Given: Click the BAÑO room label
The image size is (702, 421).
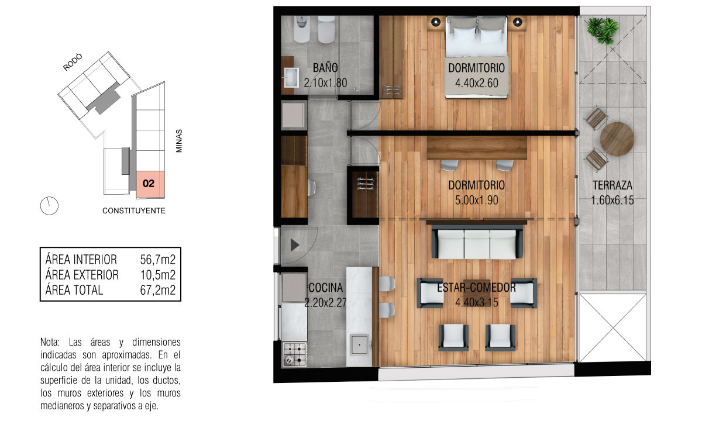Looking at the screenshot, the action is click(325, 68).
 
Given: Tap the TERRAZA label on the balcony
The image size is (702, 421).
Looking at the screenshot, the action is click(612, 185).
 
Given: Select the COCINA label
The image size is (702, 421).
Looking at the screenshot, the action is click(326, 288).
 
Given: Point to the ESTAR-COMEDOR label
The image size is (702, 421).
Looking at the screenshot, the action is click(476, 288).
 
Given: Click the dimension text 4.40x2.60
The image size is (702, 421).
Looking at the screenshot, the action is click(477, 83).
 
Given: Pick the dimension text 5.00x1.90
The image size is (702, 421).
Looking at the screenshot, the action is click(477, 200).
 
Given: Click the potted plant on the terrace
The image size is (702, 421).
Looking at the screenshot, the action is click(603, 30).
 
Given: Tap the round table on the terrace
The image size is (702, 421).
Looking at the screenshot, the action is click(617, 139).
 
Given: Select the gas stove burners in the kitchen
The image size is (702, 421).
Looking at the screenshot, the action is click(294, 354).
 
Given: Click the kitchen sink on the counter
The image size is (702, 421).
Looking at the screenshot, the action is click(359, 344).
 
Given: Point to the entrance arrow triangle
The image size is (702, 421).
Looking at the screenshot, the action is click(295, 245).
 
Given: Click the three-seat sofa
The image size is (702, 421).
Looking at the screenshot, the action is click(477, 243).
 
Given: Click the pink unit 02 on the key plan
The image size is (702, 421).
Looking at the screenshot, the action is click(150, 185).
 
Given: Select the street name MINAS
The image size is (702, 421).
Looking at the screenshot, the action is click(179, 141).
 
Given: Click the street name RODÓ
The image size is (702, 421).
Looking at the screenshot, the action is click(73, 62).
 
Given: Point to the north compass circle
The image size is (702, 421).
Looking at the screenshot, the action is click(50, 206).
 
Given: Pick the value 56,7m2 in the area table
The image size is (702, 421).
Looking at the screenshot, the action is click(157, 260).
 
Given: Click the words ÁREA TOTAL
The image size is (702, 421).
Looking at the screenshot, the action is click(74, 290).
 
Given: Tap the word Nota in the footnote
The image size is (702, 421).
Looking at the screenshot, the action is click(50, 342).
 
